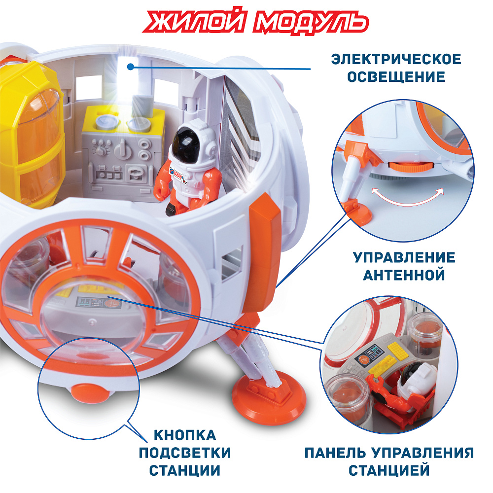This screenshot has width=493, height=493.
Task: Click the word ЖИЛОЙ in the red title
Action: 194,21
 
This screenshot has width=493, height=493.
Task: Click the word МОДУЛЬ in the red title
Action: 311,22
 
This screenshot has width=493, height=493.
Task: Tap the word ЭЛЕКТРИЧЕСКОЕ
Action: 396,59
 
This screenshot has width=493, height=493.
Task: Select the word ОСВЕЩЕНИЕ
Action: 396,77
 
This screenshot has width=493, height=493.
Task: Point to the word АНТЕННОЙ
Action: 404,275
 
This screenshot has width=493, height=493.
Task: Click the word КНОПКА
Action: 185,435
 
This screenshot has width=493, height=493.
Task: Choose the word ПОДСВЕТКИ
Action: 185,453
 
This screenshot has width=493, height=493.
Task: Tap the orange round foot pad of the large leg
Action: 269,396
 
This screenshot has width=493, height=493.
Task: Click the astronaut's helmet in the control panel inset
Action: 416,377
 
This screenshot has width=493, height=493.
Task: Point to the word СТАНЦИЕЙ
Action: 389,470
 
